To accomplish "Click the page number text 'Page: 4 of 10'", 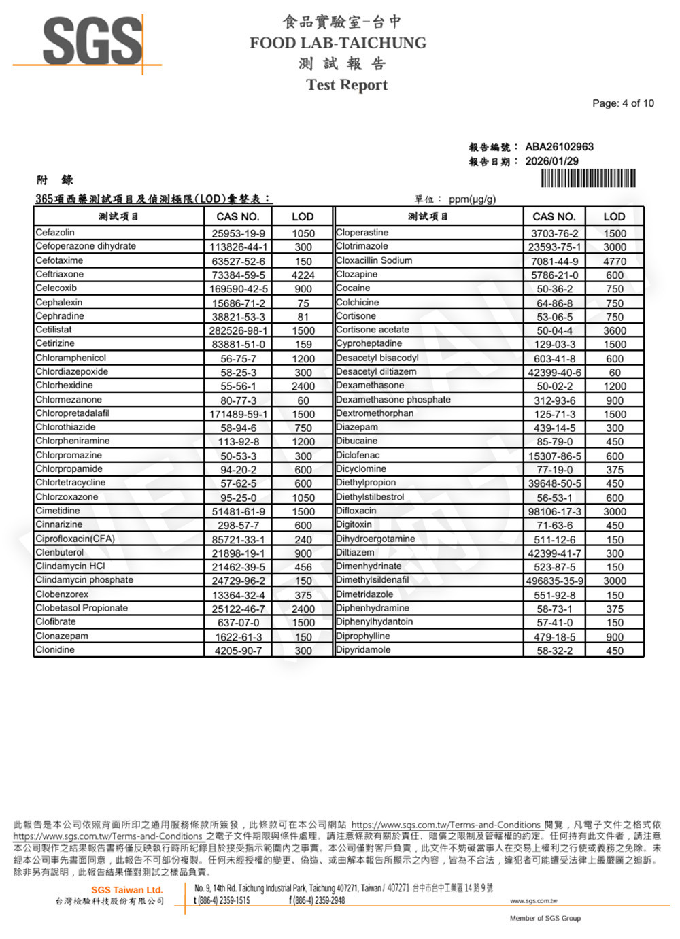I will click(623, 103).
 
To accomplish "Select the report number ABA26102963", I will click(559, 147).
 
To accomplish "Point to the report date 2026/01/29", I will click(551, 161).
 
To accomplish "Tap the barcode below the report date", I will click(588, 178).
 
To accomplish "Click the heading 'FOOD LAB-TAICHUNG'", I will click(338, 43).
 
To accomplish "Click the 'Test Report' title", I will click(347, 85).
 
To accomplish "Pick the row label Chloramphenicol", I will click(71, 358).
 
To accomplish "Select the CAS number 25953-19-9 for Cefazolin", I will click(238, 233).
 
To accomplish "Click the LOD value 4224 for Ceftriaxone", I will click(303, 275).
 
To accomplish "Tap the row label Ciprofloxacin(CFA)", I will click(75, 539).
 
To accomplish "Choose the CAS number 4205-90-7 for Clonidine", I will click(238, 651).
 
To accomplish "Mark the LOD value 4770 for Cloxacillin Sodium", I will click(615, 261).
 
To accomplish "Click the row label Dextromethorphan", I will click(375, 413).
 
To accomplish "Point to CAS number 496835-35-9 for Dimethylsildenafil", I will click(554, 581).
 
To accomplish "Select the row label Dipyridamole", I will click(363, 650).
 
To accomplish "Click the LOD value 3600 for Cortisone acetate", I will click(615, 331).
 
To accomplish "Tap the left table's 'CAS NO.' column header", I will click(238, 217).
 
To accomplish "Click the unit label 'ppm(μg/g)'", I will click(473, 199).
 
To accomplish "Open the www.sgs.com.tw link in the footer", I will click(533, 901).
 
